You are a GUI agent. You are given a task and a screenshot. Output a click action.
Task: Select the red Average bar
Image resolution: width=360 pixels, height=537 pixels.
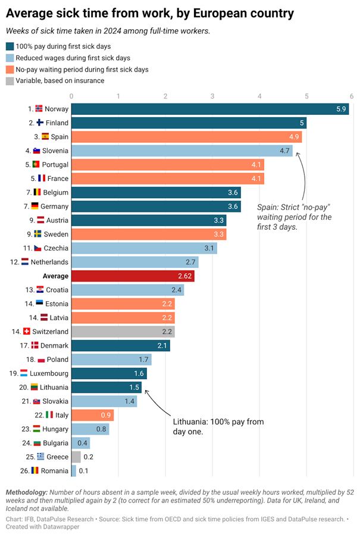132,276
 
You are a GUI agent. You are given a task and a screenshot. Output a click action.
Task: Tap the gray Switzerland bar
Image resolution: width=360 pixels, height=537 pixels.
123,332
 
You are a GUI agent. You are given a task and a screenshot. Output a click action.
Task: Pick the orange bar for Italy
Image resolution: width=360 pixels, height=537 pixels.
92,415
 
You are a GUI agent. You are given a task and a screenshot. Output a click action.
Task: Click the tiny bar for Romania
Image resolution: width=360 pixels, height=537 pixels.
74,471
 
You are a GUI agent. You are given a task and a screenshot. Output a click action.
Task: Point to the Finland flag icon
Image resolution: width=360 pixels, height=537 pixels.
40,123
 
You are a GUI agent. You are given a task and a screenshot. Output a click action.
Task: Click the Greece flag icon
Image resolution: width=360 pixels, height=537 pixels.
40,457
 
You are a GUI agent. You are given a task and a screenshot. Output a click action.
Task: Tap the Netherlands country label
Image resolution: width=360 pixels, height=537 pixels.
50,262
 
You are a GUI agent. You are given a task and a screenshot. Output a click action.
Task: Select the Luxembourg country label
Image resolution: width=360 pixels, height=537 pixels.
50,373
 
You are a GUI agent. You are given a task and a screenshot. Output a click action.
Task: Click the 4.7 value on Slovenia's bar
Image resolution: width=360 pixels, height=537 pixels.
284,151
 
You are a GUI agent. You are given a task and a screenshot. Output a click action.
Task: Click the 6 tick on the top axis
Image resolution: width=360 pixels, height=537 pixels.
351,95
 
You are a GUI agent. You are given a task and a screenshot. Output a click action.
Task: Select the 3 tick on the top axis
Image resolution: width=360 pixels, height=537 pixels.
212,95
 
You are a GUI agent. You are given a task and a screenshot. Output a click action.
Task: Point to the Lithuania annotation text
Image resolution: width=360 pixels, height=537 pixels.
218,426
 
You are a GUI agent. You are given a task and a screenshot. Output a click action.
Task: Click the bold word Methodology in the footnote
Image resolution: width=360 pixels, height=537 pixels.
26,493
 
